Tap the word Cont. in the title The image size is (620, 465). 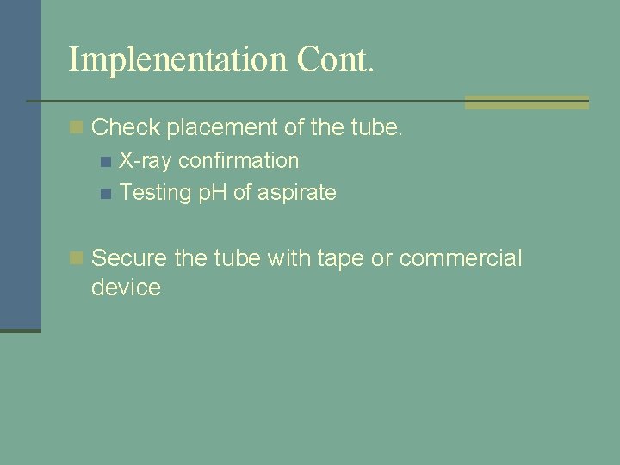[x=336, y=59]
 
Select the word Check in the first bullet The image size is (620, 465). [x=126, y=128]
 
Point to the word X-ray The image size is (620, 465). [x=146, y=161]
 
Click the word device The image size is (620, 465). [x=126, y=288]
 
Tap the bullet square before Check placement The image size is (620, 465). [x=77, y=128]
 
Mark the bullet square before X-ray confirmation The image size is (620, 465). [x=105, y=161]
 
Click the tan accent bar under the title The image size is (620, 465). [x=526, y=102]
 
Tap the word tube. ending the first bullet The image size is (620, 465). [x=378, y=128]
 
